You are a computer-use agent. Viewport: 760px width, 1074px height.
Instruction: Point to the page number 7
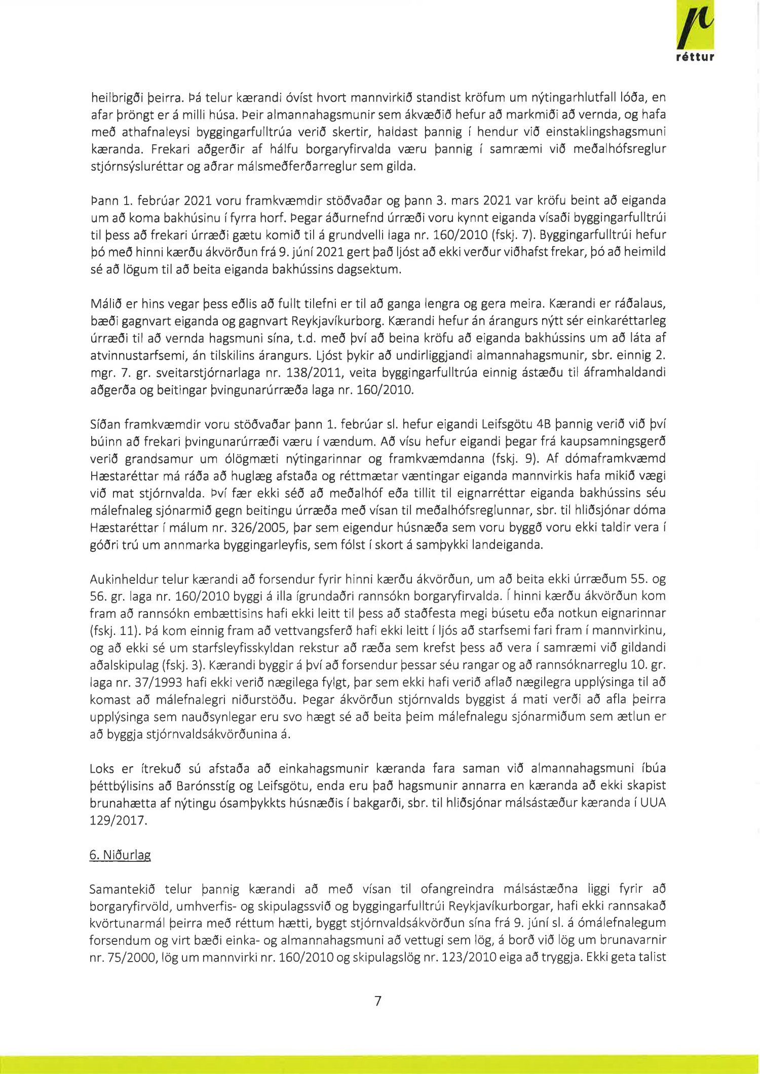pos(377,1001)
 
